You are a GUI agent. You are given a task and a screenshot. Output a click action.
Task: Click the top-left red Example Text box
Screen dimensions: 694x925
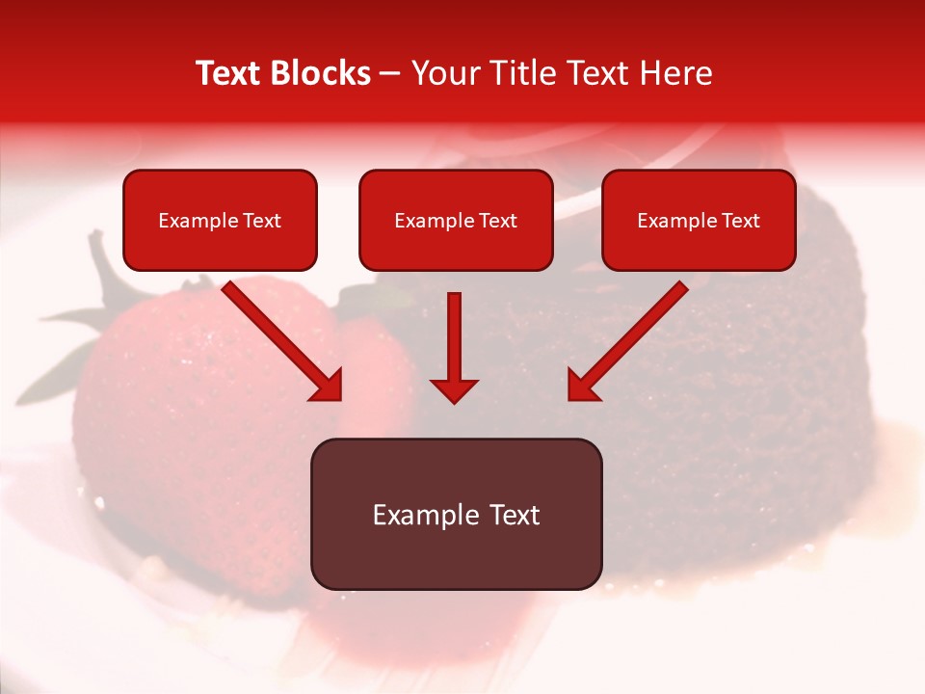[x=220, y=221]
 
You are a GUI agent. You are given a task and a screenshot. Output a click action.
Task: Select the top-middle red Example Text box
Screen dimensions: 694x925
[x=456, y=221]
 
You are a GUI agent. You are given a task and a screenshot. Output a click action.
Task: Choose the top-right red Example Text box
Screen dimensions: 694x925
[x=699, y=221]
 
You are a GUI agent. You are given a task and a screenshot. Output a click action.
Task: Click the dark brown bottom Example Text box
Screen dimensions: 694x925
[x=456, y=515]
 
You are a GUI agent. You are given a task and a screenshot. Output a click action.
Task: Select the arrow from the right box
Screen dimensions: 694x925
[x=631, y=337]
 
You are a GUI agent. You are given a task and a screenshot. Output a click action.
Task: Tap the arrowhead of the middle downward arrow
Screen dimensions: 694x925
[x=454, y=389]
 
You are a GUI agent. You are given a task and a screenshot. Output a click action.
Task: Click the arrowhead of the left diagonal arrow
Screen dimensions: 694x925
[x=328, y=387]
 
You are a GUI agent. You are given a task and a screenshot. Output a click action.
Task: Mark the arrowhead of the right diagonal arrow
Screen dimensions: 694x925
[x=582, y=387]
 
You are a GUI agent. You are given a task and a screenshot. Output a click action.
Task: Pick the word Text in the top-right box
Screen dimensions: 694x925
[x=740, y=221]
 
